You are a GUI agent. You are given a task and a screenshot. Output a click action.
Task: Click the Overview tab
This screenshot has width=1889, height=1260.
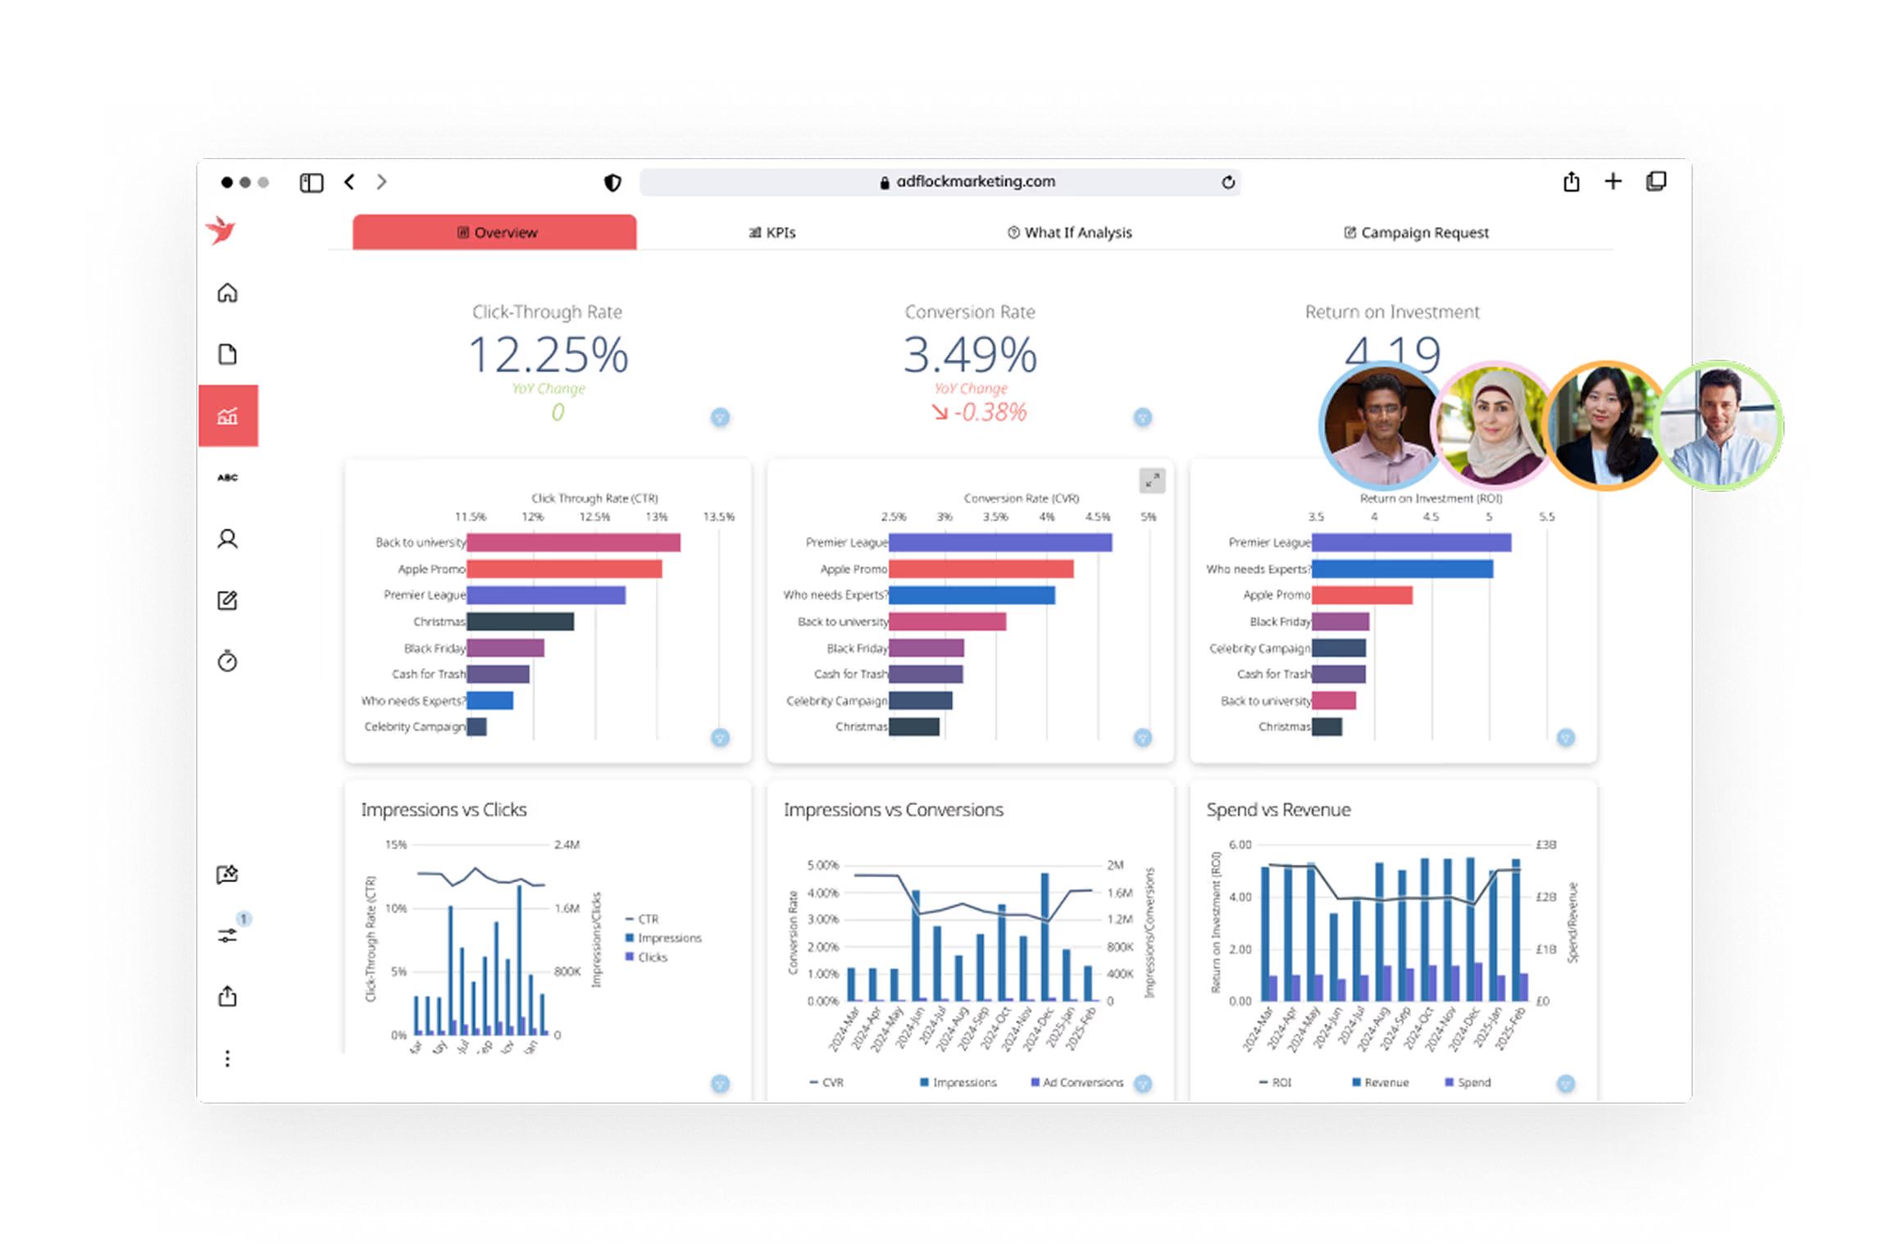pos(495,233)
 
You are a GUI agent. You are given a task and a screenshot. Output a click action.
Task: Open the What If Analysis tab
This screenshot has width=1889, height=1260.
pos(1069,233)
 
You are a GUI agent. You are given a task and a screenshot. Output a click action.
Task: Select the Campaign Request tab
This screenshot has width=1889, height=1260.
pos(1416,233)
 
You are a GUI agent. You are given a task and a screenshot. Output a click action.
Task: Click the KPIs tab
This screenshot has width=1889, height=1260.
pos(772,233)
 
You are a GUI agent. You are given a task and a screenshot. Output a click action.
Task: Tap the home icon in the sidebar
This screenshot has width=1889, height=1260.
pos(227,293)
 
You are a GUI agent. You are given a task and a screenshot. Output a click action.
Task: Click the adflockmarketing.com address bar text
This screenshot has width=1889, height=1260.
pos(975,181)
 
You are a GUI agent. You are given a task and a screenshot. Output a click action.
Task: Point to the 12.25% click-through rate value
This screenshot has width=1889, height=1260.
pos(548,355)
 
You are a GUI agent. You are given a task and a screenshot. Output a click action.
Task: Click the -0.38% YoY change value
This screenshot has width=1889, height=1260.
pos(989,412)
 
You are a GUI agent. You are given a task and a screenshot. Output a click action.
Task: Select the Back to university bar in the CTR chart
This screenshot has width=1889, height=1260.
pos(573,543)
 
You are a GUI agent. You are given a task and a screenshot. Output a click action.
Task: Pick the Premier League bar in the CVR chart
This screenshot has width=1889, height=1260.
pos(999,543)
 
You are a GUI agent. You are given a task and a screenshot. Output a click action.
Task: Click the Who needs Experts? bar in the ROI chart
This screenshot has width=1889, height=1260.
pos(1401,569)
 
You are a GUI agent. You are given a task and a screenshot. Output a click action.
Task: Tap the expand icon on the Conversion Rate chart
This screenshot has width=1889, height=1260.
pos(1152,481)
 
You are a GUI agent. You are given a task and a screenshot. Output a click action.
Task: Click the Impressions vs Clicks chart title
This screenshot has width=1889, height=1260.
pos(444,810)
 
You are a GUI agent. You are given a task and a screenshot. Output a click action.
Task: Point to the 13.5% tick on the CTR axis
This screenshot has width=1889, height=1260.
pos(718,517)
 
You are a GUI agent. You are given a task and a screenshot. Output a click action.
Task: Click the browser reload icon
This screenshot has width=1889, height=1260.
pos(1227,182)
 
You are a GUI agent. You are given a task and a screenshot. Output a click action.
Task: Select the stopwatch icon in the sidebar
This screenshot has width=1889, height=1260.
pos(227,661)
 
